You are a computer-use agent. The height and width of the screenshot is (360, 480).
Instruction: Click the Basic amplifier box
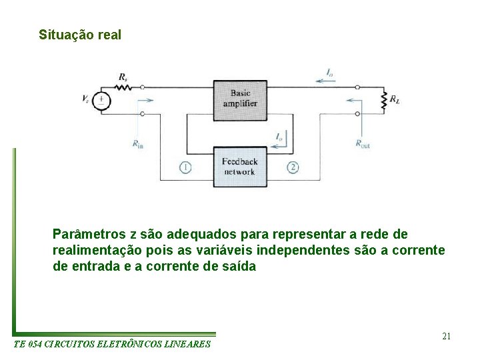[x=240, y=98]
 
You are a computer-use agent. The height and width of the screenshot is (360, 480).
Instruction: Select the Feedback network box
[x=239, y=167]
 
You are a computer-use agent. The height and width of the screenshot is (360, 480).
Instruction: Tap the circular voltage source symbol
[x=101, y=101]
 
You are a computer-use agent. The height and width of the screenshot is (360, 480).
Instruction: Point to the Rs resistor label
[x=123, y=77]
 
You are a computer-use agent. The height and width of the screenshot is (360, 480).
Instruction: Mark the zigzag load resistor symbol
[x=383, y=101]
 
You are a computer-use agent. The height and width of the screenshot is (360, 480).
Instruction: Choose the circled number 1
[x=185, y=167]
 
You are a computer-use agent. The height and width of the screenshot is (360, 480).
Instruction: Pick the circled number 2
[x=293, y=167]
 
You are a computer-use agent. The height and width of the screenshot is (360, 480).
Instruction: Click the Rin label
[x=137, y=143]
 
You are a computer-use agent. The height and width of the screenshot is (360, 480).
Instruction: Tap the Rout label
[x=363, y=143]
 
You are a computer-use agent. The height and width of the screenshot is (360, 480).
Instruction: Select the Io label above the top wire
[x=330, y=71]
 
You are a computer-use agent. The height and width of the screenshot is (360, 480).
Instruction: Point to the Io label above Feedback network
[x=279, y=137]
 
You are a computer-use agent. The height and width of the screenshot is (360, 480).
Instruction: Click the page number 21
[x=446, y=336]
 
